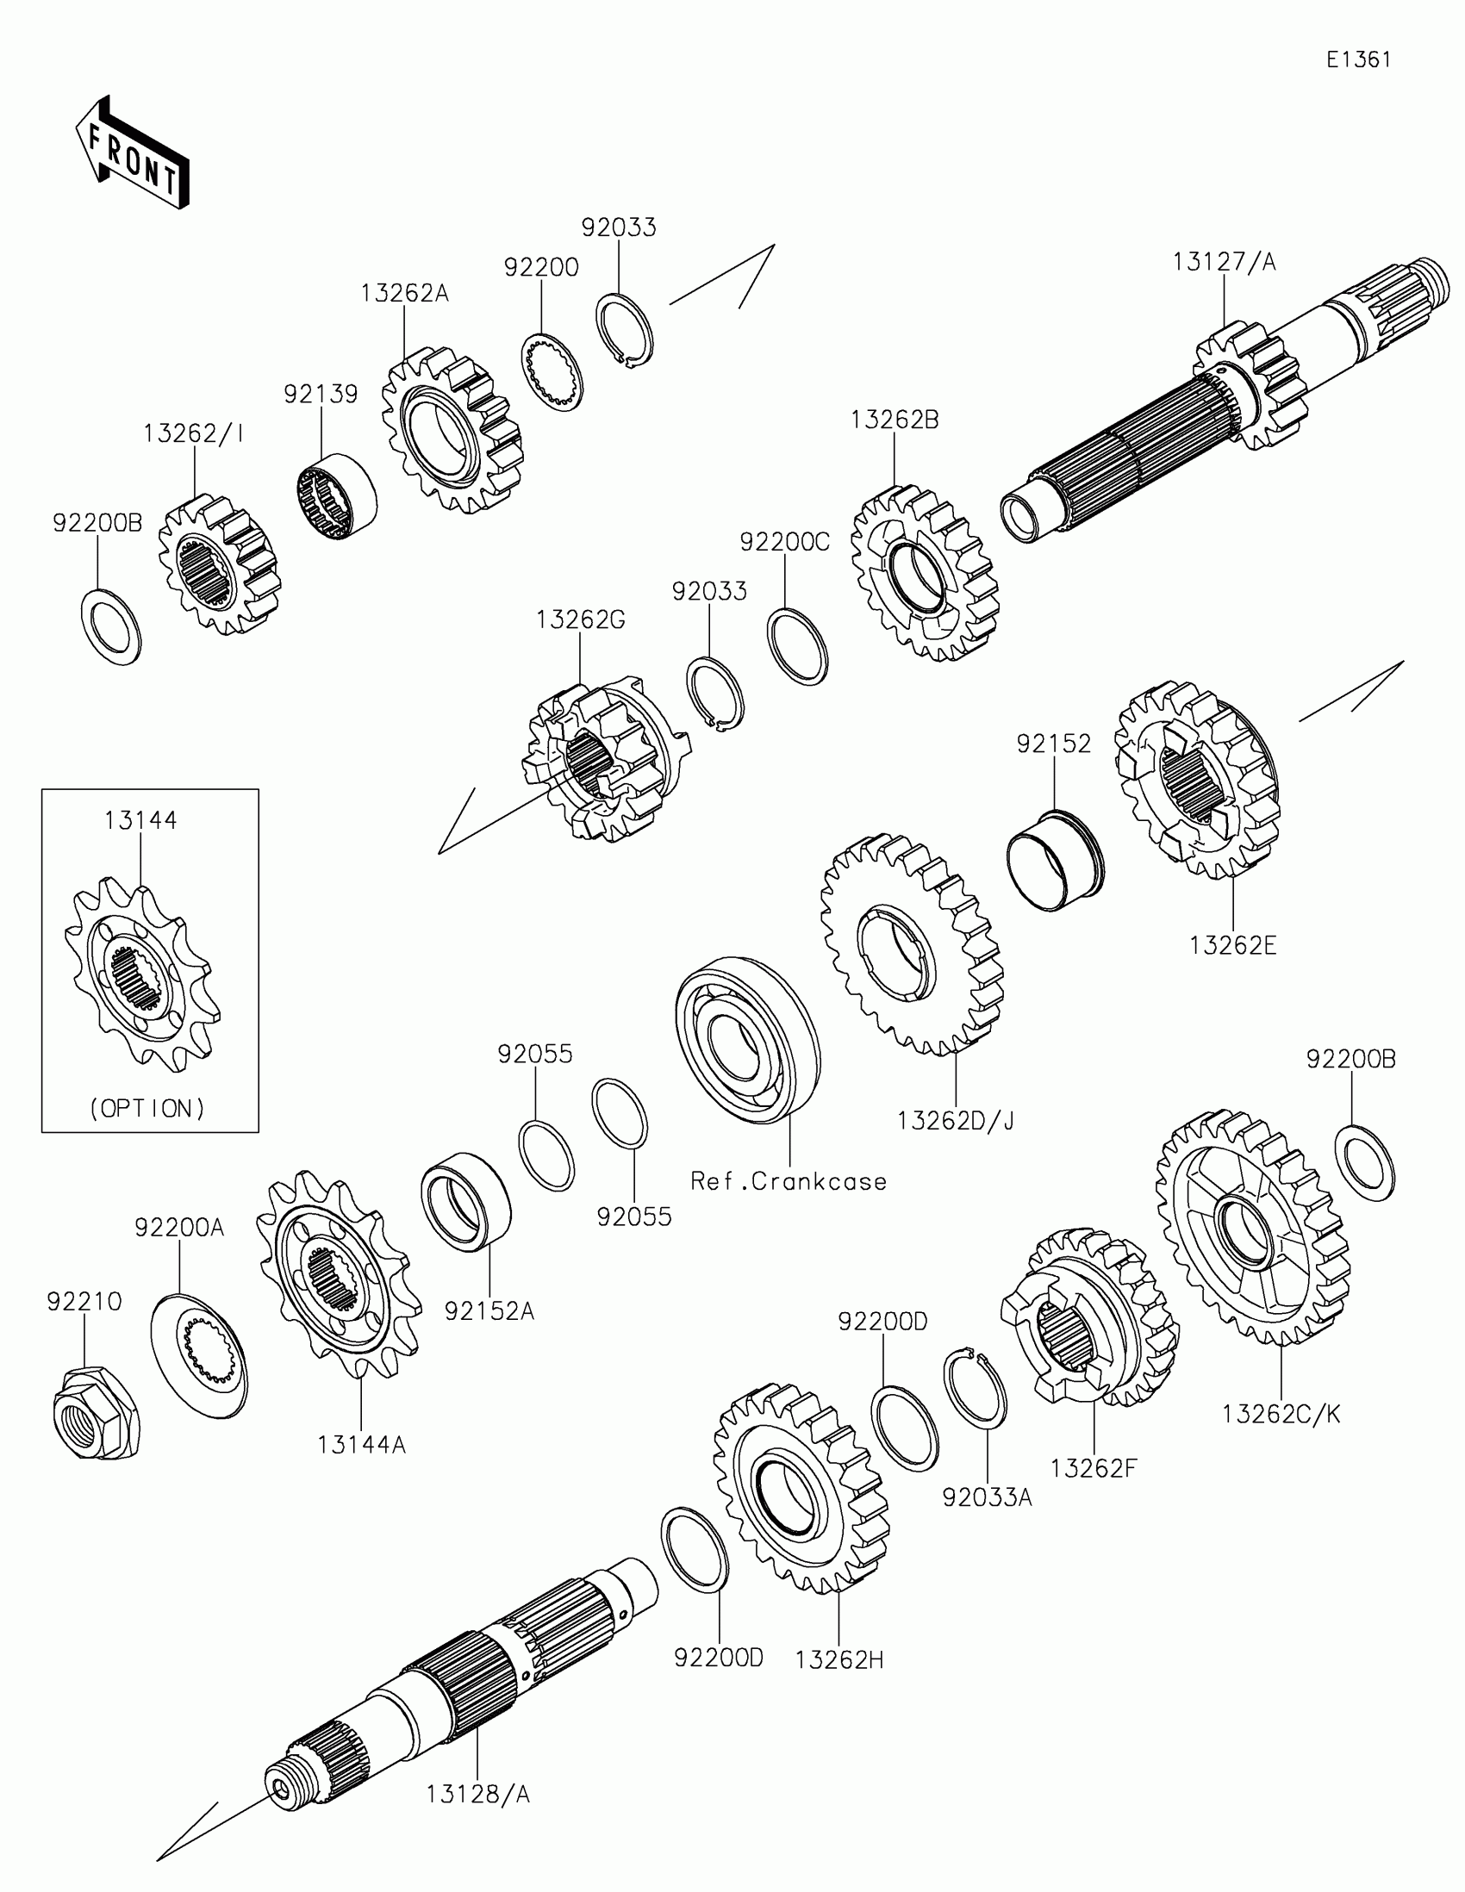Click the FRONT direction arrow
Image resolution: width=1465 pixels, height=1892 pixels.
[132, 153]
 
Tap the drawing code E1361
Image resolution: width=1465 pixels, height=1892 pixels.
[1358, 59]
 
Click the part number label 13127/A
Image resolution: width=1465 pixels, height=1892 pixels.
[1225, 262]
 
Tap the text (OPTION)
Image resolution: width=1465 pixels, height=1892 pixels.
[147, 1108]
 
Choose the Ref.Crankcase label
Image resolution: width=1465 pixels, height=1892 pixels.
[789, 1180]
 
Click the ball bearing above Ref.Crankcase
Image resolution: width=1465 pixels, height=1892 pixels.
[748, 1040]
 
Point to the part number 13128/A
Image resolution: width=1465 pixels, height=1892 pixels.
[477, 1793]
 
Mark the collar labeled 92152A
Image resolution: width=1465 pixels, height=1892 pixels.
[465, 1201]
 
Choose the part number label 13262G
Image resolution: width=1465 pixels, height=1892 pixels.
[580, 619]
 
